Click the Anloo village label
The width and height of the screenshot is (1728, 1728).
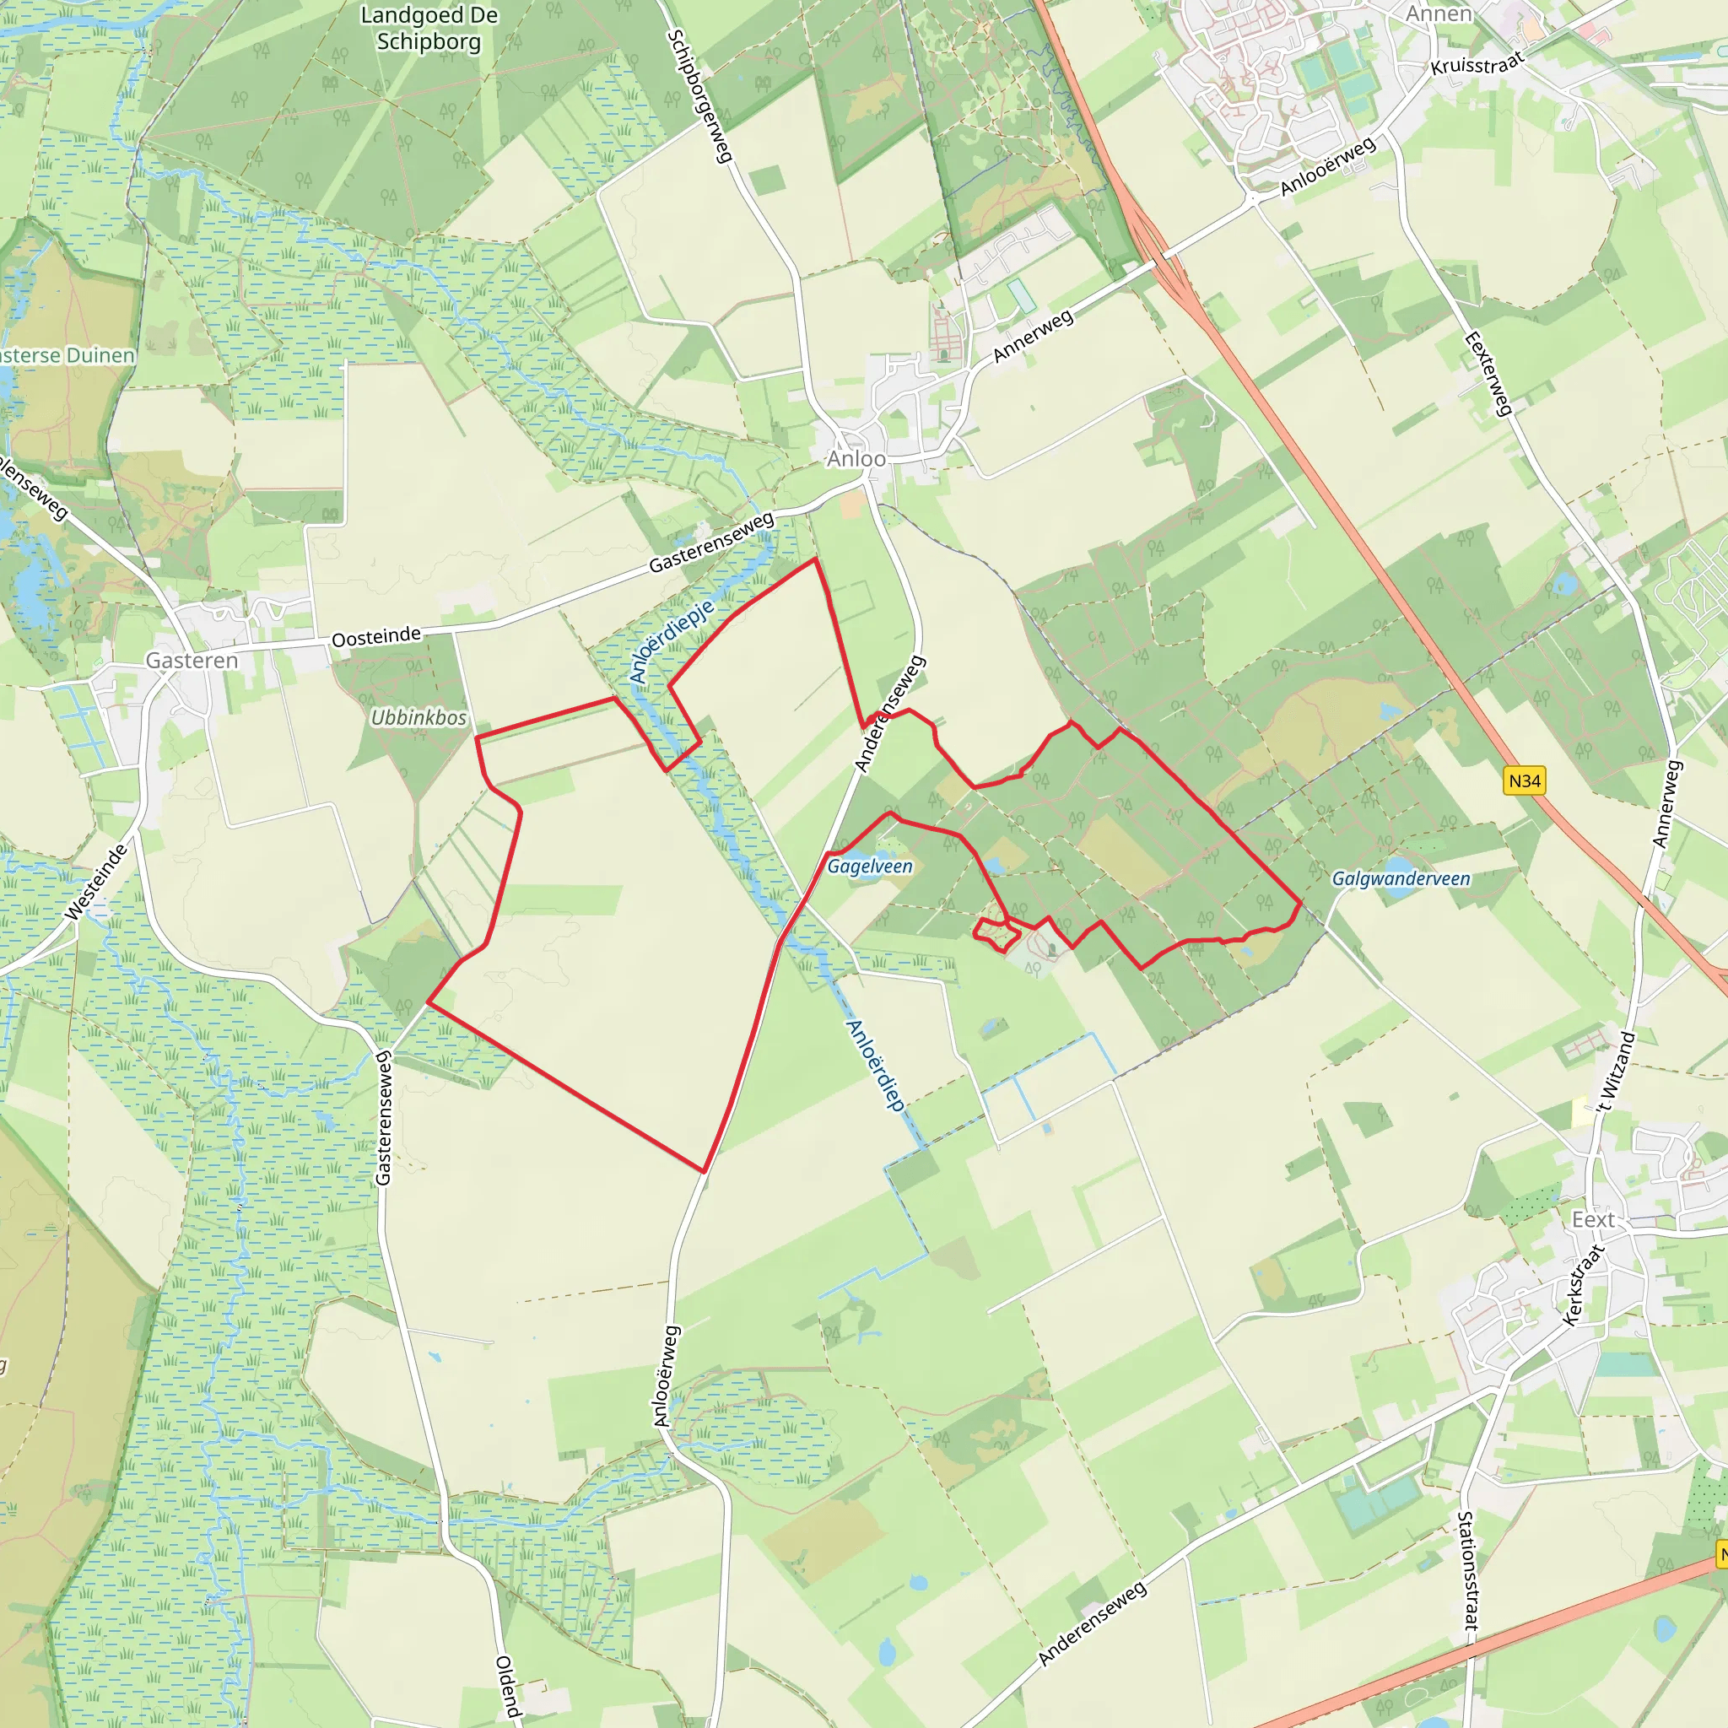tap(856, 459)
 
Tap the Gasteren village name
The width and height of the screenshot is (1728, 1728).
tap(192, 661)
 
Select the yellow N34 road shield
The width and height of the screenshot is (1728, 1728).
tap(1524, 780)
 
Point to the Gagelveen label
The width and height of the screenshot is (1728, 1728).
tap(869, 866)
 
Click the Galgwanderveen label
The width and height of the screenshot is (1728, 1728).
tap(1401, 878)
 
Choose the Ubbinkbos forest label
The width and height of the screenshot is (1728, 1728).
tap(418, 717)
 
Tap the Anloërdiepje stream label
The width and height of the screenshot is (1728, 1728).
tap(672, 641)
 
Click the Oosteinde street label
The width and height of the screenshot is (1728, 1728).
tap(375, 637)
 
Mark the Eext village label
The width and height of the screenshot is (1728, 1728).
tap(1593, 1220)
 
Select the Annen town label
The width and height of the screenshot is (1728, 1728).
tap(1439, 14)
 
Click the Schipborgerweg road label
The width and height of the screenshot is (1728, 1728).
tap(700, 96)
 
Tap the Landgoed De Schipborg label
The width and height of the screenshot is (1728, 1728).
tap(429, 29)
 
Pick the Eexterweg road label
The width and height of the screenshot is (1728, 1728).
tap(1488, 373)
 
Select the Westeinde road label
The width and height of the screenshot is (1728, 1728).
tap(96, 882)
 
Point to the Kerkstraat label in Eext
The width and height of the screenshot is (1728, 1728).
tap(1582, 1283)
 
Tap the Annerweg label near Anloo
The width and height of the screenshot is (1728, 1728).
tap(1033, 337)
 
